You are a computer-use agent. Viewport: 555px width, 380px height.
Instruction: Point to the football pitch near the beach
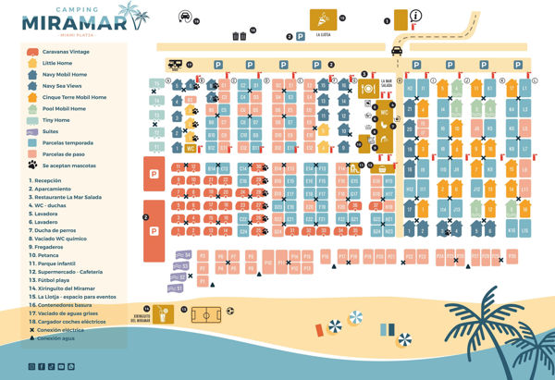(204, 314)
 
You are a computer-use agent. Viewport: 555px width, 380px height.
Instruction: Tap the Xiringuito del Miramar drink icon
(165, 313)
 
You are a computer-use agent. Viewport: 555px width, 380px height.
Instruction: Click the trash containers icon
(238, 35)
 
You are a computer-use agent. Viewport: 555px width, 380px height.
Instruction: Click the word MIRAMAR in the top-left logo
(72, 21)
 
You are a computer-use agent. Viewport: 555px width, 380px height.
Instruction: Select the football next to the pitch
(228, 314)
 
